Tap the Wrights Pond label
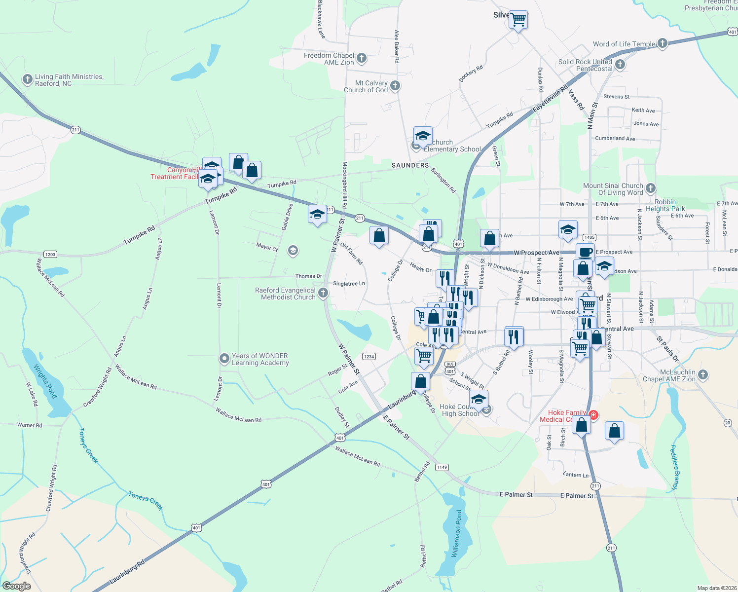[x=45, y=381]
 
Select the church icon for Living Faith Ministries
[x=28, y=79]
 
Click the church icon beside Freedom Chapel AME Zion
[x=362, y=58]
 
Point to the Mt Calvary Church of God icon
[x=395, y=86]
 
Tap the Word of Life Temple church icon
[x=662, y=43]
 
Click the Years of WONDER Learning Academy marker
[x=224, y=358]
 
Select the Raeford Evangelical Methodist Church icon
[x=323, y=293]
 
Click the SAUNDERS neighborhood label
[x=410, y=165]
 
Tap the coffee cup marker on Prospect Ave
[x=585, y=252]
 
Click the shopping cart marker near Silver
[x=518, y=20]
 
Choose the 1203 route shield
[x=50, y=255]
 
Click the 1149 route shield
[x=442, y=467]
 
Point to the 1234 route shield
[x=369, y=356]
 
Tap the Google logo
[x=17, y=586]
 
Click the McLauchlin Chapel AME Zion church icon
[x=702, y=375]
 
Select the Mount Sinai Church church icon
[x=650, y=188]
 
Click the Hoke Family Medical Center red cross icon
[x=593, y=415]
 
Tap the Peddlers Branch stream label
[x=675, y=467]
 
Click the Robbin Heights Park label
[x=665, y=205]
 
